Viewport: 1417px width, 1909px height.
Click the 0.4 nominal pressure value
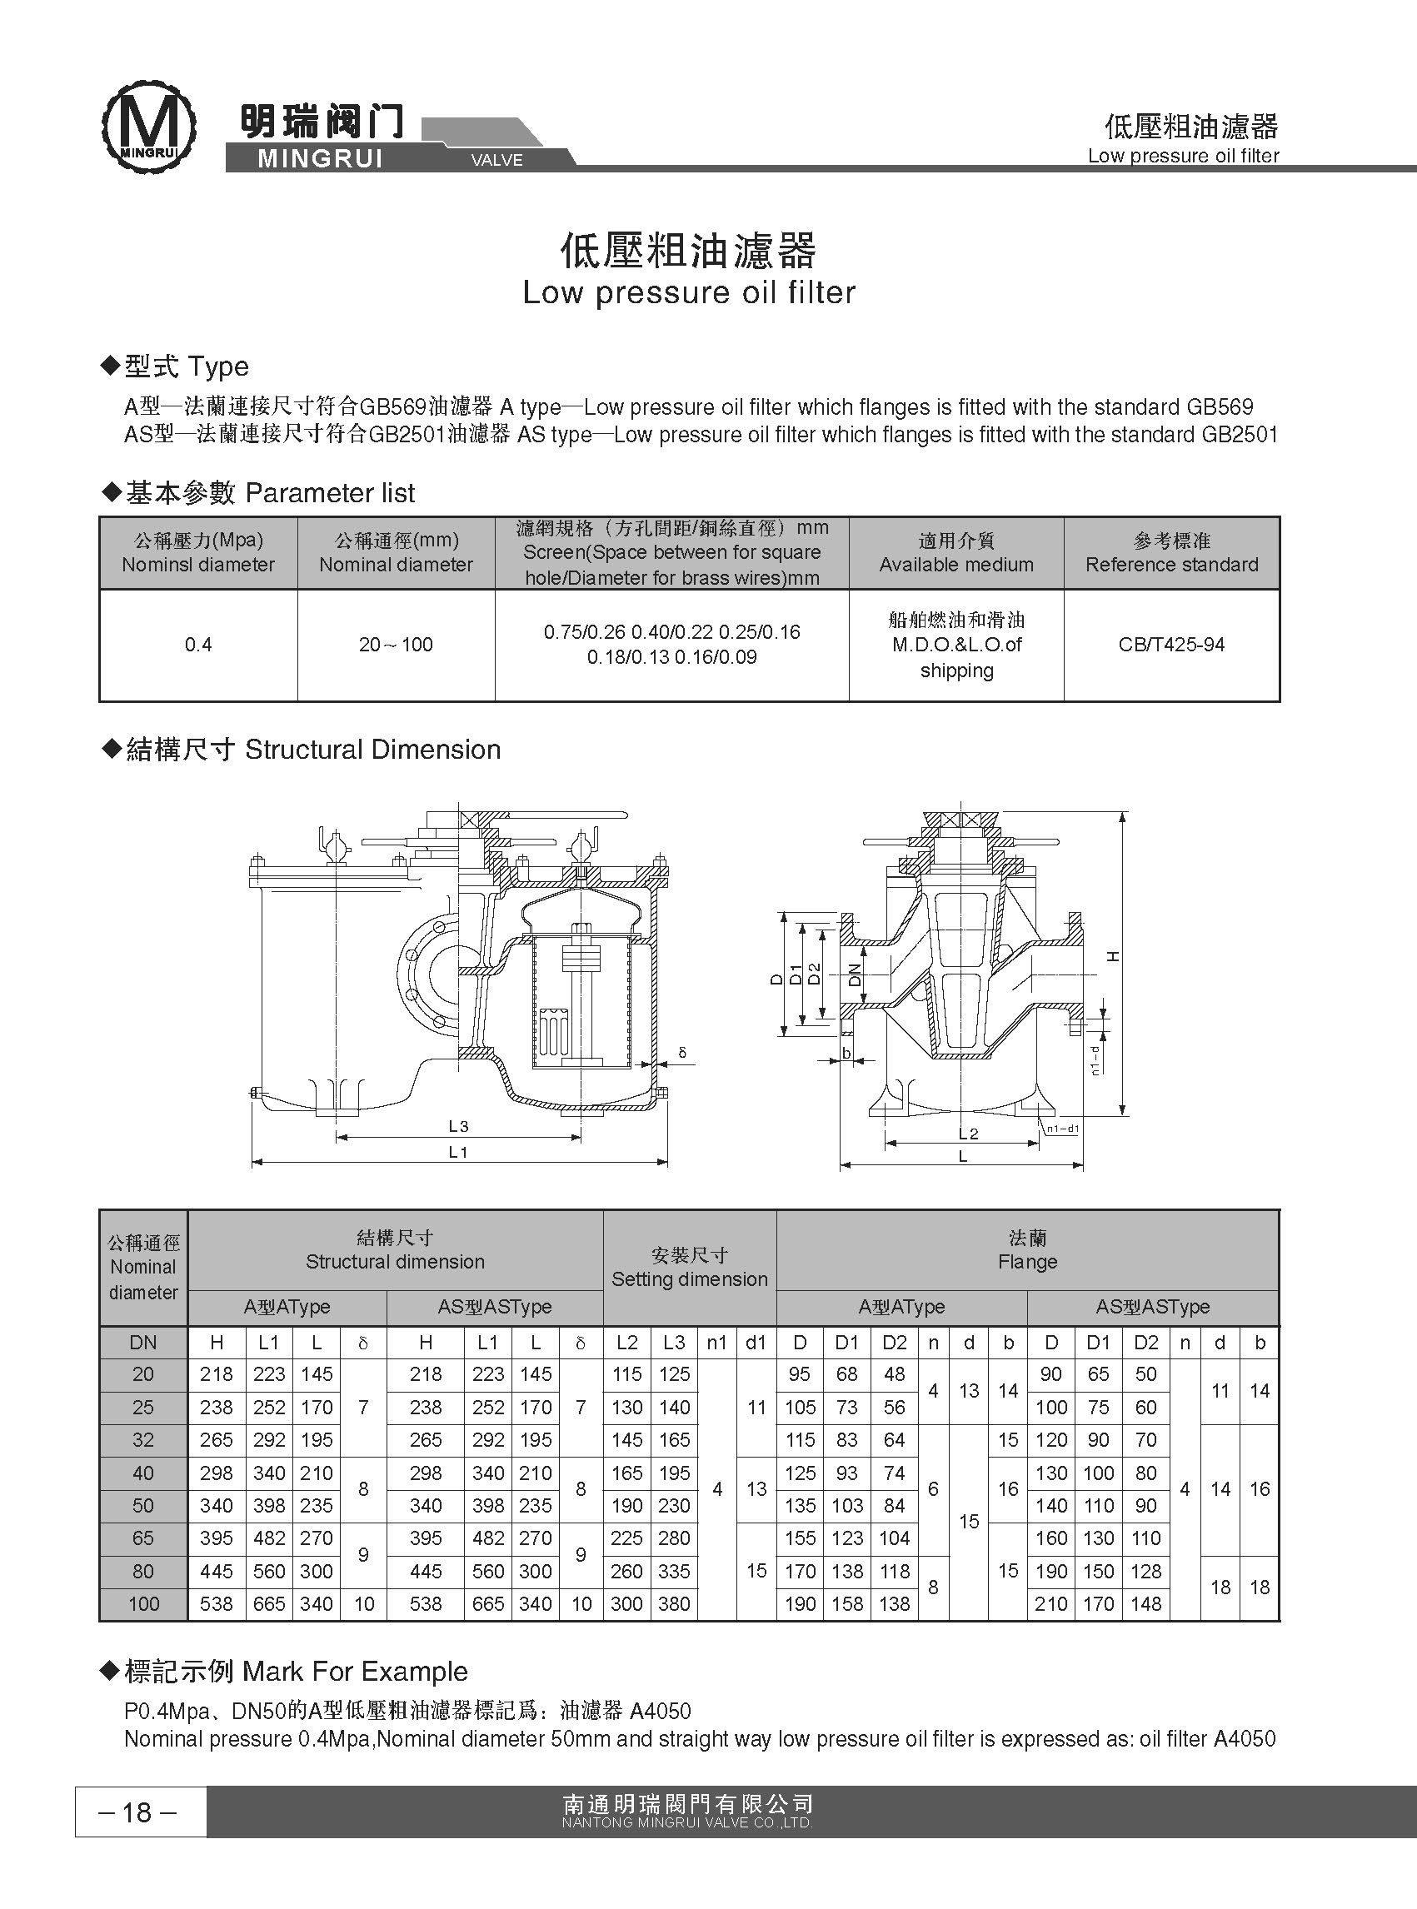tap(198, 645)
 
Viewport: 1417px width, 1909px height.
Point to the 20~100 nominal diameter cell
tap(396, 645)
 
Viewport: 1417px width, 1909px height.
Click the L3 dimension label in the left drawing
tap(458, 1126)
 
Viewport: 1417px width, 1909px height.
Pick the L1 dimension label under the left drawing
tap(458, 1153)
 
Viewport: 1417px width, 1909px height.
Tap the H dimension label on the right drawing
tap(1113, 956)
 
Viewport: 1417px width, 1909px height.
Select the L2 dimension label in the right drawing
tap(967, 1134)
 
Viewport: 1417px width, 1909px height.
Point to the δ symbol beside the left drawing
tap(682, 1052)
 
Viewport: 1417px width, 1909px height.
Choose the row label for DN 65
tap(143, 1538)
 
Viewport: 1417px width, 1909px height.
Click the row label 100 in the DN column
tap(143, 1603)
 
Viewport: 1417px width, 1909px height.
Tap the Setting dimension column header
tap(690, 1279)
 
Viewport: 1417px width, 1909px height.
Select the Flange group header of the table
tap(1027, 1250)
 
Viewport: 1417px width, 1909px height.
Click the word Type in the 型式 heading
tap(218, 367)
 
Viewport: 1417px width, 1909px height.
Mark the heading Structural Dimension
tap(372, 750)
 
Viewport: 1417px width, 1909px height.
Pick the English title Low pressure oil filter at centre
tap(689, 293)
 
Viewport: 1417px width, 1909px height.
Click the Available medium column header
tap(955, 566)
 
